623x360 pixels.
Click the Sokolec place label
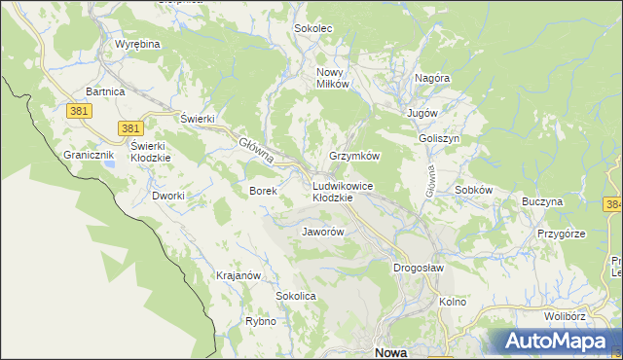click(313, 28)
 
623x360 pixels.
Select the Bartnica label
click(105, 90)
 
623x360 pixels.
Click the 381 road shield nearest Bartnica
click(80, 112)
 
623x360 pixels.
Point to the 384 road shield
click(613, 204)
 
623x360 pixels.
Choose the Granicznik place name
click(90, 155)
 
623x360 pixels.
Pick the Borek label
click(264, 191)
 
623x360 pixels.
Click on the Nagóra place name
click(431, 77)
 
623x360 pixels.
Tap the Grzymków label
click(353, 156)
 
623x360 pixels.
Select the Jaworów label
click(323, 233)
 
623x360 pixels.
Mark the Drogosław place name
click(419, 268)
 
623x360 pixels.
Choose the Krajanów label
click(238, 275)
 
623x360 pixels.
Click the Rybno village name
click(260, 321)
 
